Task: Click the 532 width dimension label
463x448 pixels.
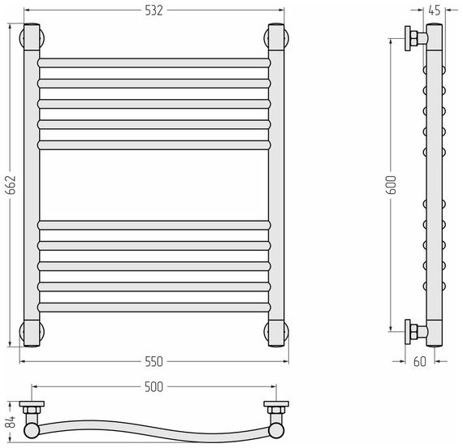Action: pyautogui.click(x=154, y=11)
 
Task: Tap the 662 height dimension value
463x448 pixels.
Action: pyautogui.click(x=11, y=185)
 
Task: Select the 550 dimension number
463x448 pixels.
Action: pyautogui.click(x=154, y=361)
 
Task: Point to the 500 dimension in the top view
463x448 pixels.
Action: pyautogui.click(x=154, y=387)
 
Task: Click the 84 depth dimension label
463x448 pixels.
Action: pyautogui.click(x=11, y=422)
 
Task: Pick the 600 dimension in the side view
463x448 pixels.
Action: pyautogui.click(x=391, y=185)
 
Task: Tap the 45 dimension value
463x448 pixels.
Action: pyautogui.click(x=435, y=11)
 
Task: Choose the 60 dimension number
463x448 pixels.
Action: pyautogui.click(x=420, y=361)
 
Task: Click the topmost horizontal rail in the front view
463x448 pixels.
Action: pyautogui.click(x=154, y=62)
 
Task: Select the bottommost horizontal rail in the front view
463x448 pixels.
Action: pyautogui.click(x=154, y=308)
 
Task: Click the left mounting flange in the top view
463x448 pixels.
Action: pyautogui.click(x=32, y=403)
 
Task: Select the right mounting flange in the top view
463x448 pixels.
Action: pyautogui.click(x=276, y=403)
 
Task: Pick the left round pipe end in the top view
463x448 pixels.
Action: pyautogui.click(x=32, y=430)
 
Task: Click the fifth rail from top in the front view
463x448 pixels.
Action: pyautogui.click(x=154, y=145)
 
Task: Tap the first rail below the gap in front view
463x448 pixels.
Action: pyautogui.click(x=154, y=225)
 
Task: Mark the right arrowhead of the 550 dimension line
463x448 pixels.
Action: pyautogui.click(x=286, y=361)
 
